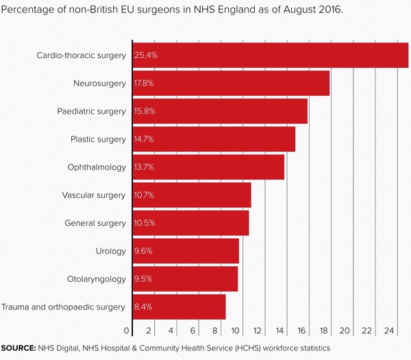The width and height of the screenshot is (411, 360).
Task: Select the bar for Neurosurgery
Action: click(231, 83)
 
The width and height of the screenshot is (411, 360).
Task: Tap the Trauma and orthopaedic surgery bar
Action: click(179, 307)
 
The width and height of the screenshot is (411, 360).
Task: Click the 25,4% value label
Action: click(146, 55)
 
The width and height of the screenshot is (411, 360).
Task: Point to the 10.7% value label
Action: click(145, 195)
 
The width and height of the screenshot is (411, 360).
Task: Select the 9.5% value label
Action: click(143, 279)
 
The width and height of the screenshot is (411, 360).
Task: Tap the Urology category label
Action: click(111, 250)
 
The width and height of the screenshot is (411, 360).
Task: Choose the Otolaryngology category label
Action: click(96, 279)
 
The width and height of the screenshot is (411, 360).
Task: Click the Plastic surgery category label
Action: click(98, 139)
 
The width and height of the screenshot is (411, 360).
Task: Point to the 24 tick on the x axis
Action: click(389, 331)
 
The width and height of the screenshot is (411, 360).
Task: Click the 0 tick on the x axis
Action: click(127, 331)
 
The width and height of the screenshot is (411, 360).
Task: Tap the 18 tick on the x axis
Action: click(324, 331)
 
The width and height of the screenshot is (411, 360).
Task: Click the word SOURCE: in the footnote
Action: click(18, 348)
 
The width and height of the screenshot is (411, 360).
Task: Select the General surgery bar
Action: click(190, 223)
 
